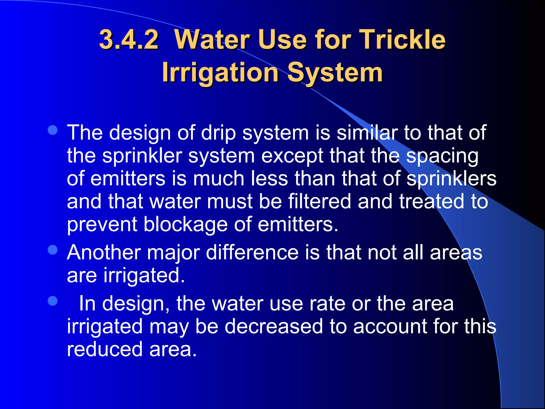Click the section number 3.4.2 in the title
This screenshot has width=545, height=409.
pyautogui.click(x=129, y=40)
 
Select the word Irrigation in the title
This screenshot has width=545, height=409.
pyautogui.click(x=220, y=73)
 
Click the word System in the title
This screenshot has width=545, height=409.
pyautogui.click(x=335, y=73)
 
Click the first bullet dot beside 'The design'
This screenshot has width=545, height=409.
pyautogui.click(x=53, y=130)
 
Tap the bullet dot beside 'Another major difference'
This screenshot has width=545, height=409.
pyautogui.click(x=53, y=250)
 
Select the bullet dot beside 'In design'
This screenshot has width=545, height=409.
pyautogui.click(x=53, y=301)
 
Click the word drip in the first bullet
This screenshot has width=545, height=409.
pyautogui.click(x=218, y=133)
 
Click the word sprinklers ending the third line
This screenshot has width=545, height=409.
pyautogui.click(x=452, y=179)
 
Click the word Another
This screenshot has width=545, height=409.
pyautogui.click(x=104, y=252)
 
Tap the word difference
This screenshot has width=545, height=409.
pyautogui.click(x=252, y=252)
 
